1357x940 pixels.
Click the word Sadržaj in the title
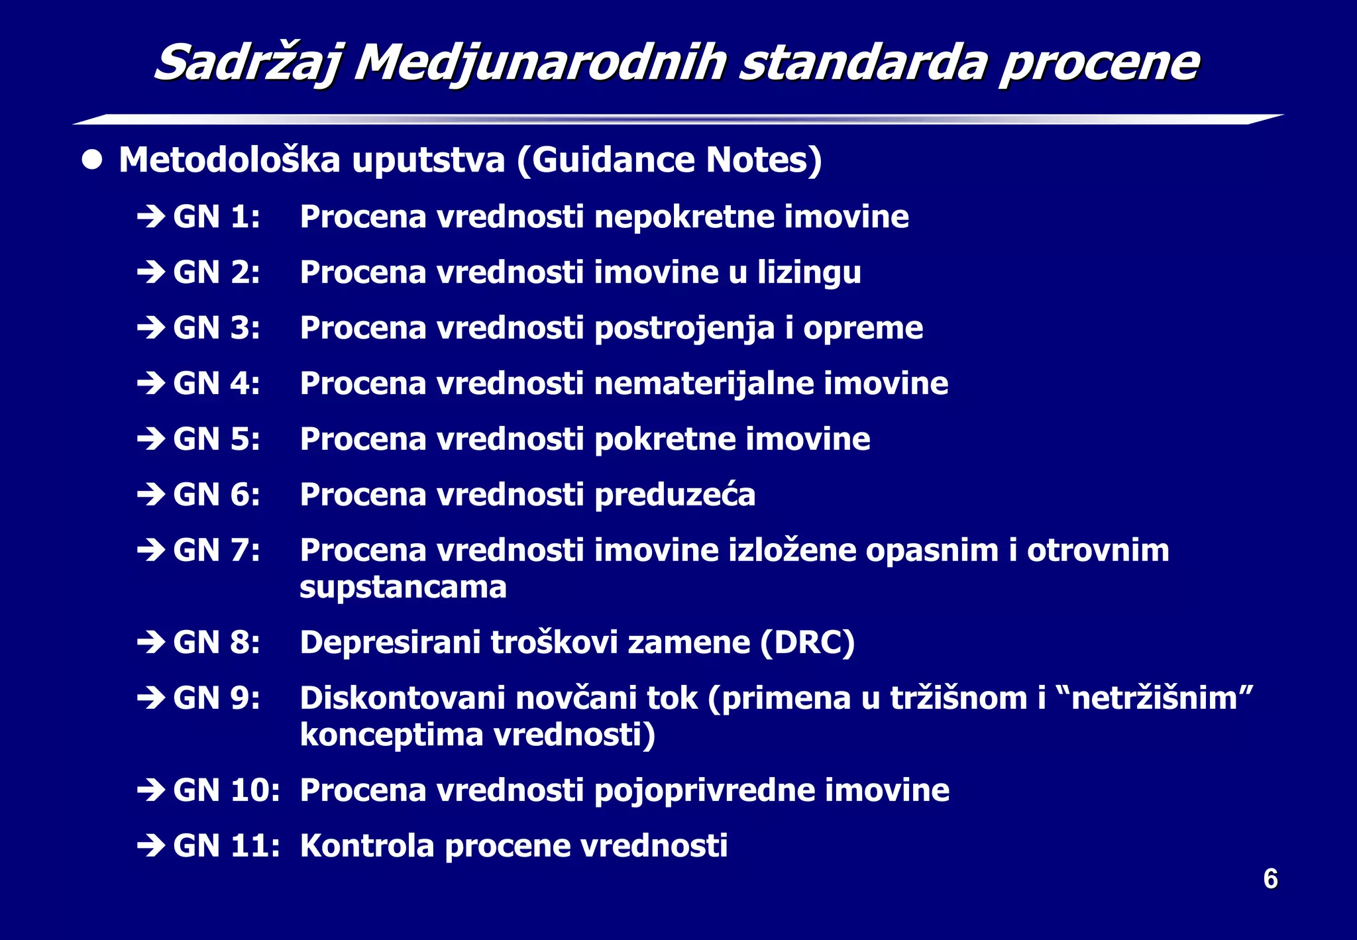click(248, 64)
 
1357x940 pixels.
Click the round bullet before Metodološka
click(92, 160)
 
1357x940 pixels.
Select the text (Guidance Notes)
click(669, 160)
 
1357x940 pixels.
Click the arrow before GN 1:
click(151, 217)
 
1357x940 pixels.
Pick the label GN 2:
click(217, 272)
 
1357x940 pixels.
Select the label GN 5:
click(217, 439)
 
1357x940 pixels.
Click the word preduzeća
click(675, 496)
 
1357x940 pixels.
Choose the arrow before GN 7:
click(151, 550)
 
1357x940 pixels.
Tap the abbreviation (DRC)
click(807, 643)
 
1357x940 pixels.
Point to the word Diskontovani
click(402, 698)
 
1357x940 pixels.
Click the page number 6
click(1270, 879)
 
